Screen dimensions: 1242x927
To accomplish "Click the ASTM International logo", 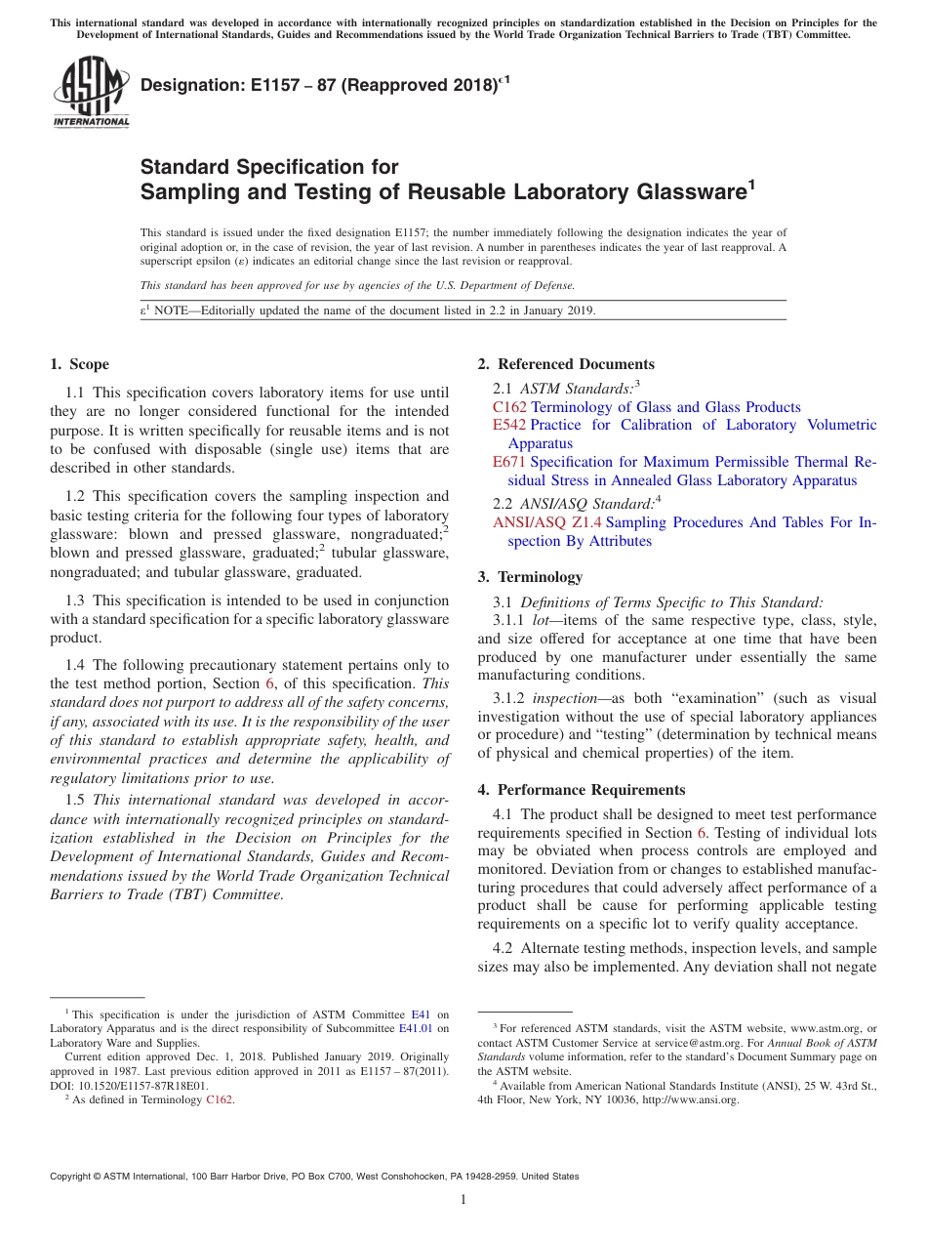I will [x=91, y=92].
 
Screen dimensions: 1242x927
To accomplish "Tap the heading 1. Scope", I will [x=79, y=364].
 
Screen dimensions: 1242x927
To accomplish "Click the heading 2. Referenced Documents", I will [x=566, y=364].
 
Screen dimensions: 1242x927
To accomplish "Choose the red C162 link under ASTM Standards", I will [x=509, y=407].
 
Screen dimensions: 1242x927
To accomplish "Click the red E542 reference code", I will [x=509, y=426].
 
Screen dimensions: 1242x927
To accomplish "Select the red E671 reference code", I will [x=509, y=462].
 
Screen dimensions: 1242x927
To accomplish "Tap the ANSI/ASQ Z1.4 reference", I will [x=546, y=523].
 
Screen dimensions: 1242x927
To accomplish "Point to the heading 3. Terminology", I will [x=540, y=577].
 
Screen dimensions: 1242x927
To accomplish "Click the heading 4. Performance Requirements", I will [x=582, y=790].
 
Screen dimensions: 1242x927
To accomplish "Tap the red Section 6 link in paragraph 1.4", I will [x=269, y=684].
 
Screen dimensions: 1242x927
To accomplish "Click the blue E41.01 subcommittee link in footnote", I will [x=415, y=1028].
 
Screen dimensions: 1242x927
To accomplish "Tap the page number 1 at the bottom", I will [x=463, y=1199].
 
